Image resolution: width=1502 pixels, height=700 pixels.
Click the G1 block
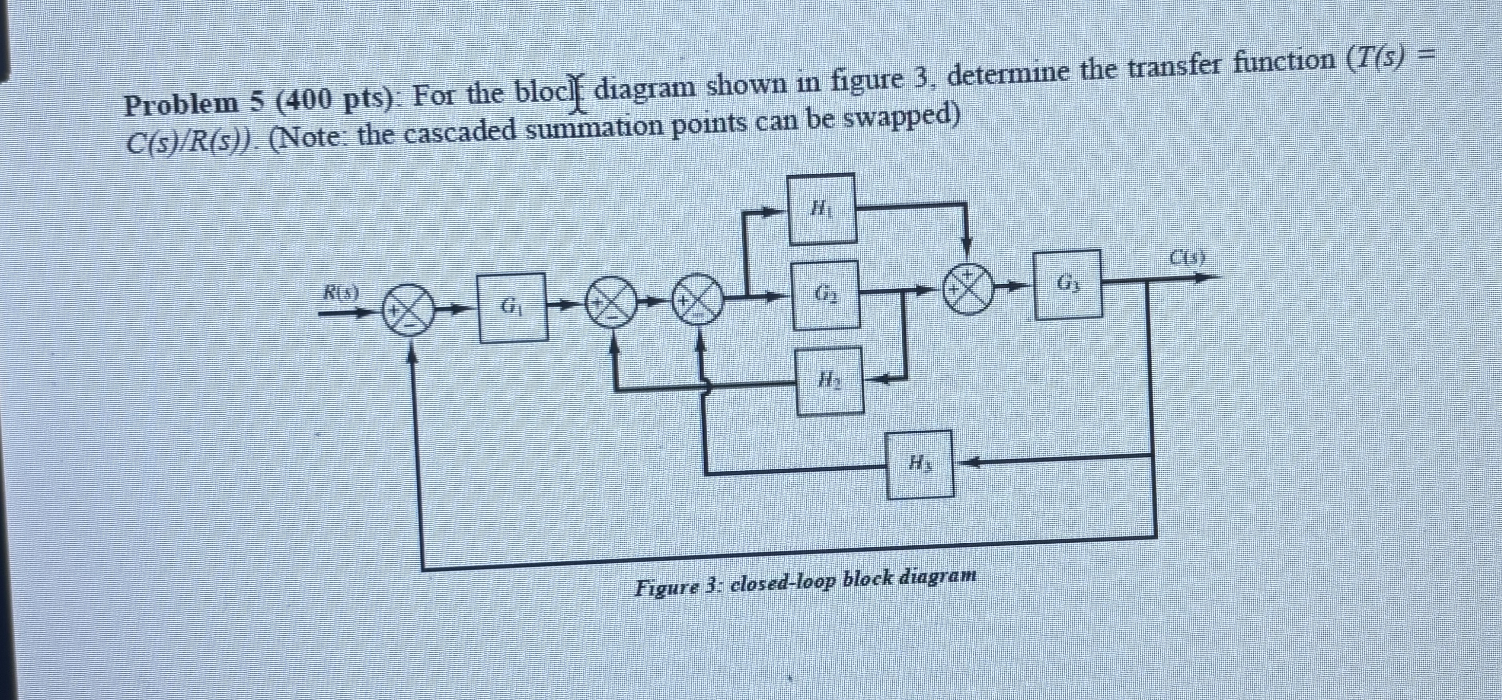coord(512,307)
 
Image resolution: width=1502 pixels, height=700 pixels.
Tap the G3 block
coord(1068,284)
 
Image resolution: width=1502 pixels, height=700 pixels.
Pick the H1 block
coord(822,208)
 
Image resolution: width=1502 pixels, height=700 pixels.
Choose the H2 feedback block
coord(830,381)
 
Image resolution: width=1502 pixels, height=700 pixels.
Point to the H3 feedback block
coord(920,465)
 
